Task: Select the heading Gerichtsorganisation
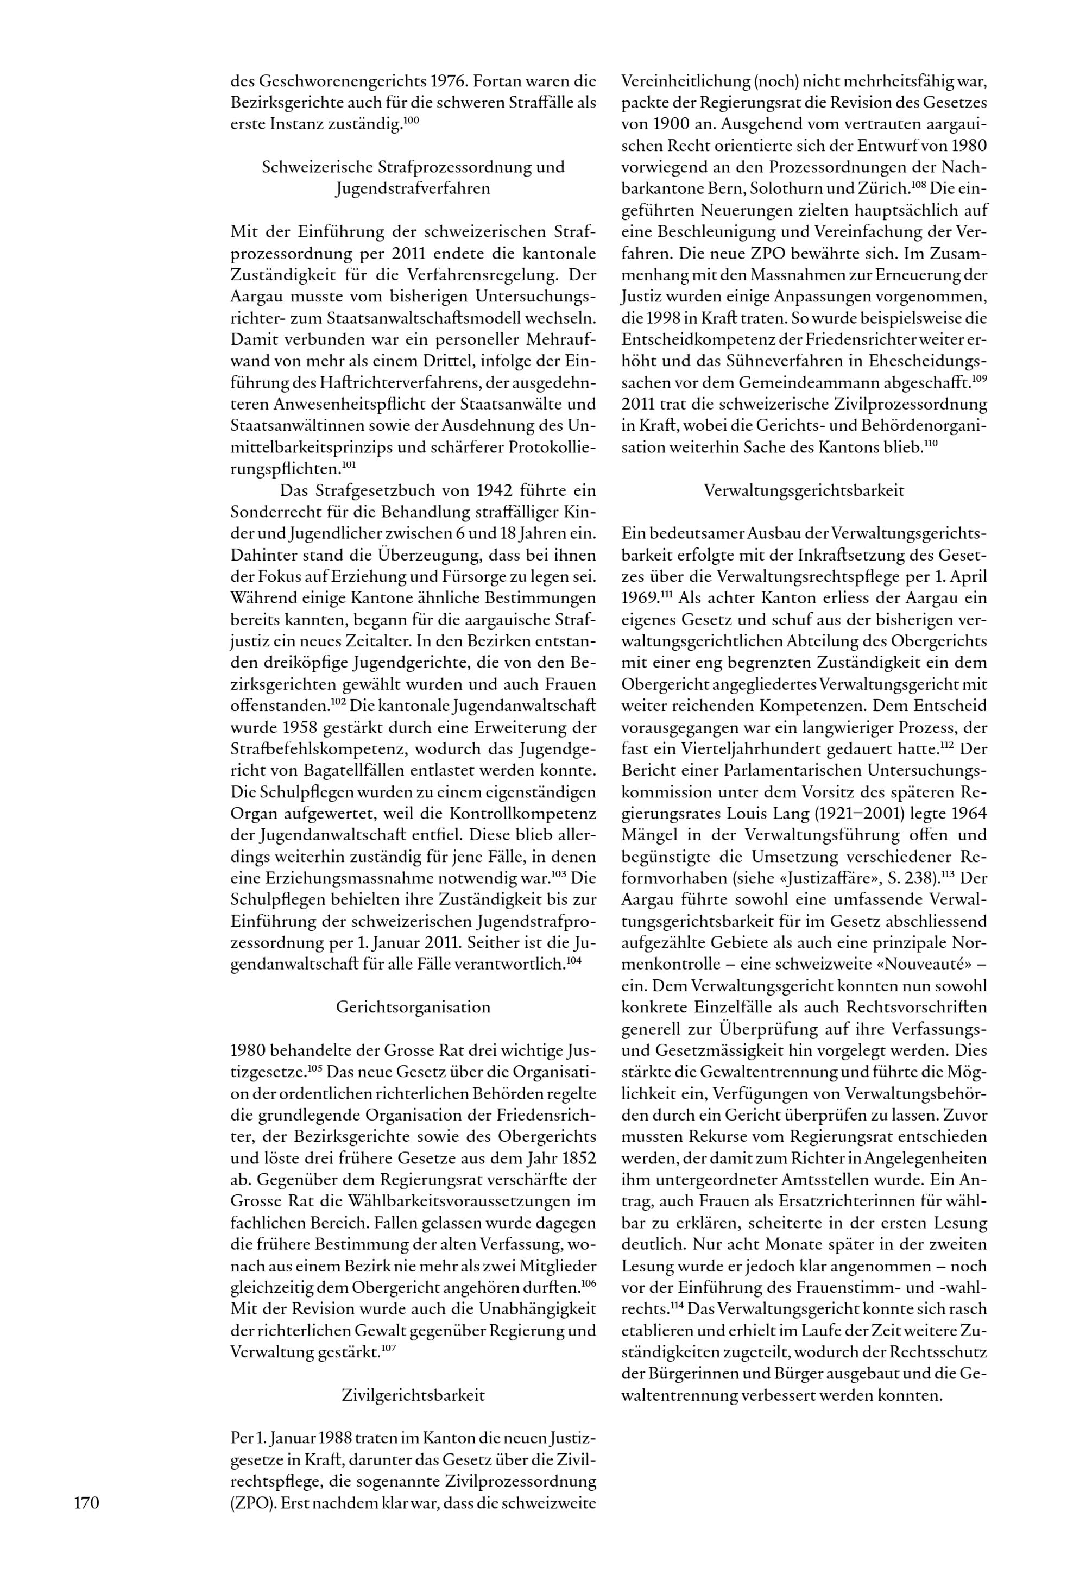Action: click(413, 1007)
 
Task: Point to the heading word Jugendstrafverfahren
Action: click(413, 188)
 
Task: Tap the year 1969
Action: click(640, 598)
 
